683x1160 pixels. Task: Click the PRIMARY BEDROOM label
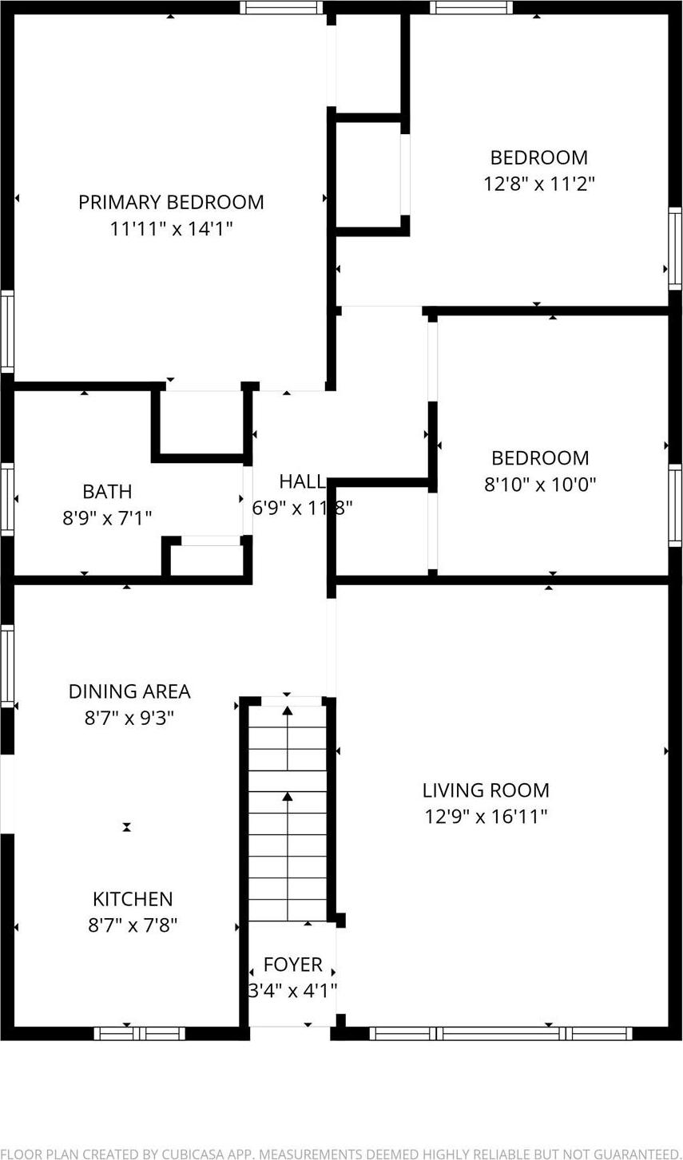pos(171,202)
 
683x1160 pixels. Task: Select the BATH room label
pos(107,492)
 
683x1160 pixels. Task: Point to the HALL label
pos(302,481)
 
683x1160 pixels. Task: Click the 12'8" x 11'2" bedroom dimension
pos(539,184)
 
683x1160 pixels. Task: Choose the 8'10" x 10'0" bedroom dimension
pos(540,485)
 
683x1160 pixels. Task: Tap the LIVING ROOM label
pos(486,790)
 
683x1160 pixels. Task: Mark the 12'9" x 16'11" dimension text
pos(486,817)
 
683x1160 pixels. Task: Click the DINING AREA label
pos(129,691)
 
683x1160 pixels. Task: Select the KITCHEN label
pos(133,900)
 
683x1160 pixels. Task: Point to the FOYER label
pos(293,964)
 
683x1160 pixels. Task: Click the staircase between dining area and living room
pos(288,810)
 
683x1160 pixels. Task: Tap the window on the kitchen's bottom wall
pos(140,1034)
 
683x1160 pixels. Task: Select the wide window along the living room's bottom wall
pos(501,1034)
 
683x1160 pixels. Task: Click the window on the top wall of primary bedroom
pos(281,7)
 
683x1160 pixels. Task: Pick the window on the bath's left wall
pos(7,499)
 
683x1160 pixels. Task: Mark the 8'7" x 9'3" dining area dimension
pos(129,718)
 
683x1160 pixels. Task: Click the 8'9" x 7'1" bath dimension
pos(107,518)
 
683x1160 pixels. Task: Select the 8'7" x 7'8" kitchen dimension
pos(133,926)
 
